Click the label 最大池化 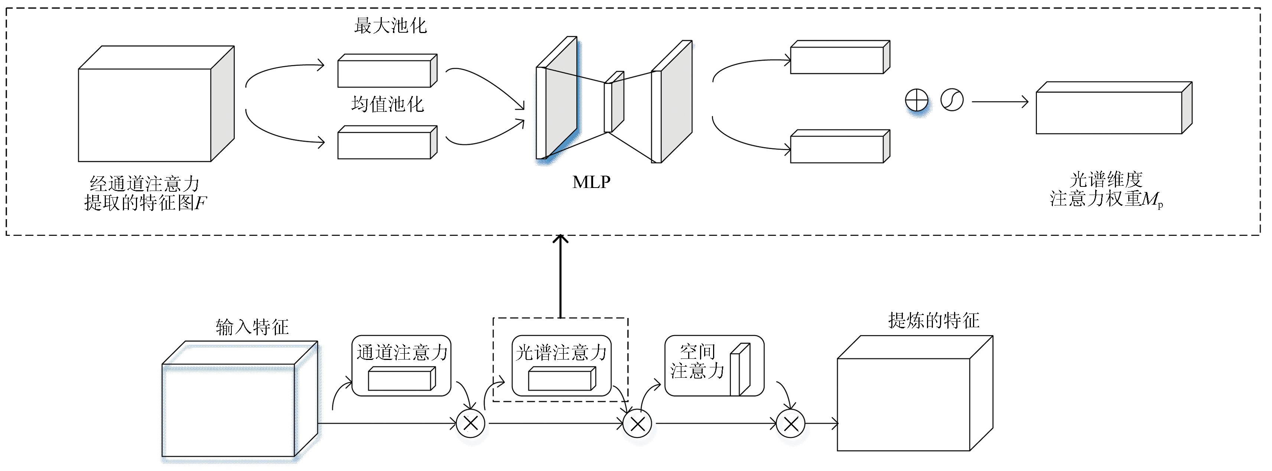(390, 26)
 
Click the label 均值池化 (388, 104)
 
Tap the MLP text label (591, 182)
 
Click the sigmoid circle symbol (952, 100)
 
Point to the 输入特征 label (252, 327)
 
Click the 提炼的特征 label (933, 321)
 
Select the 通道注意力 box (401, 366)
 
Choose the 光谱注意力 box (562, 366)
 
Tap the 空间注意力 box (714, 366)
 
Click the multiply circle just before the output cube (791, 423)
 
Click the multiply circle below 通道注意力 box (470, 423)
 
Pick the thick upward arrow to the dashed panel (560, 276)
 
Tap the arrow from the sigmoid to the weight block (1000, 102)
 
